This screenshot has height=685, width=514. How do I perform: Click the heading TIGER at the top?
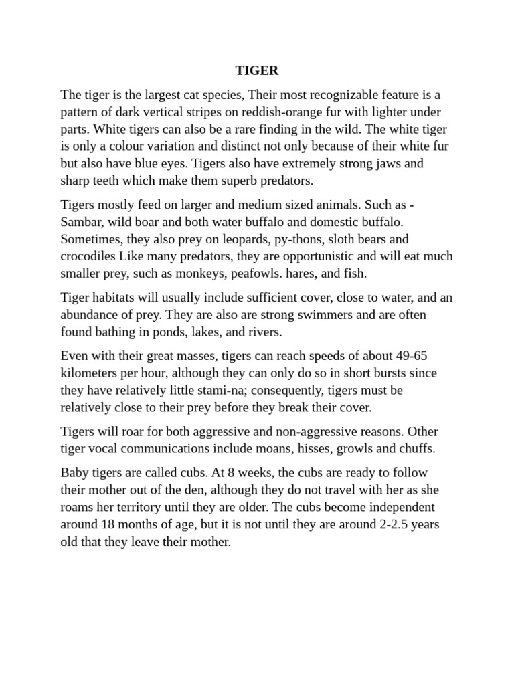(x=257, y=70)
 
